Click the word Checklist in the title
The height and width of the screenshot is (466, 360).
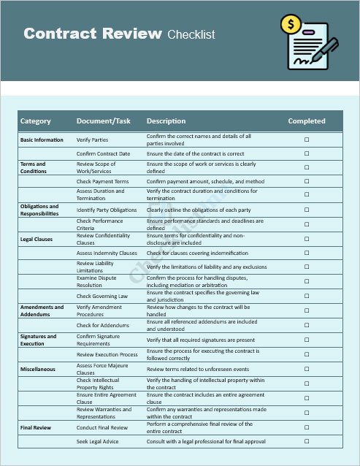pyautogui.click(x=191, y=34)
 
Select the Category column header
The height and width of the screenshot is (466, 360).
pyautogui.click(x=35, y=121)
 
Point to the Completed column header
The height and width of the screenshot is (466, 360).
pyautogui.click(x=307, y=121)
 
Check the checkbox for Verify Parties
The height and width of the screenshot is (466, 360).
pyautogui.click(x=307, y=140)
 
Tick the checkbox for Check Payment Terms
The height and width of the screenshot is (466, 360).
pyautogui.click(x=307, y=181)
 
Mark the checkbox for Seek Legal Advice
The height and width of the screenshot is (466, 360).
pyautogui.click(x=307, y=442)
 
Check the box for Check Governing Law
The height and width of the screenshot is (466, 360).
pyautogui.click(x=307, y=296)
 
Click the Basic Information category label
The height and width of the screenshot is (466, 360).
pyautogui.click(x=42, y=140)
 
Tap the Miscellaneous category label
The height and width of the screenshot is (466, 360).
pyautogui.click(x=38, y=369)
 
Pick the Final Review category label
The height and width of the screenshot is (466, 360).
pyautogui.click(x=37, y=427)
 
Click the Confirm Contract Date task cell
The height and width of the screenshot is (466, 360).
pyautogui.click(x=103, y=154)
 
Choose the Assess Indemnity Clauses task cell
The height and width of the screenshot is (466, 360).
pyautogui.click(x=107, y=253)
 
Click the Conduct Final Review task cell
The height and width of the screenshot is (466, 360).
pyautogui.click(x=102, y=427)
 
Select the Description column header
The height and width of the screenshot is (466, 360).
pyautogui.click(x=166, y=121)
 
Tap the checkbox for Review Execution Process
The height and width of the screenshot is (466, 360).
pyautogui.click(x=307, y=354)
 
